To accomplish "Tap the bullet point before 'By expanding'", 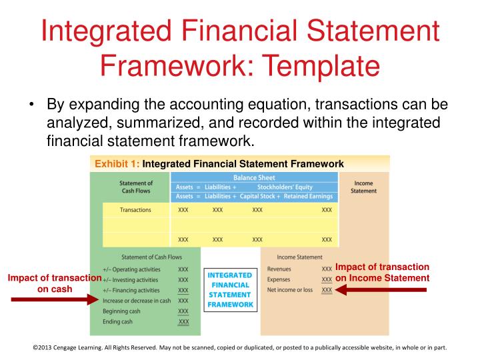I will point(32,106).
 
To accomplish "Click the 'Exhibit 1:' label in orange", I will point(117,163).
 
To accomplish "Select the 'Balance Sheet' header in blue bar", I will point(254,178).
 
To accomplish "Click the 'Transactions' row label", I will point(135,210).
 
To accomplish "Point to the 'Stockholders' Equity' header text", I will point(285,187).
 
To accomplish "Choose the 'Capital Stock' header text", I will point(261,197).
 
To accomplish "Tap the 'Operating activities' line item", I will point(131,269).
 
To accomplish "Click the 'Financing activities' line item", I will point(131,291).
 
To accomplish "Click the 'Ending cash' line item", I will point(119,322).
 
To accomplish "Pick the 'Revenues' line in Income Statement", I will point(279,269).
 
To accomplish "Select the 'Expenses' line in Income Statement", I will point(278,279).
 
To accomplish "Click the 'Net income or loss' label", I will point(290,290).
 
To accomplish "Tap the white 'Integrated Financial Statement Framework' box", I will point(230,290).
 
